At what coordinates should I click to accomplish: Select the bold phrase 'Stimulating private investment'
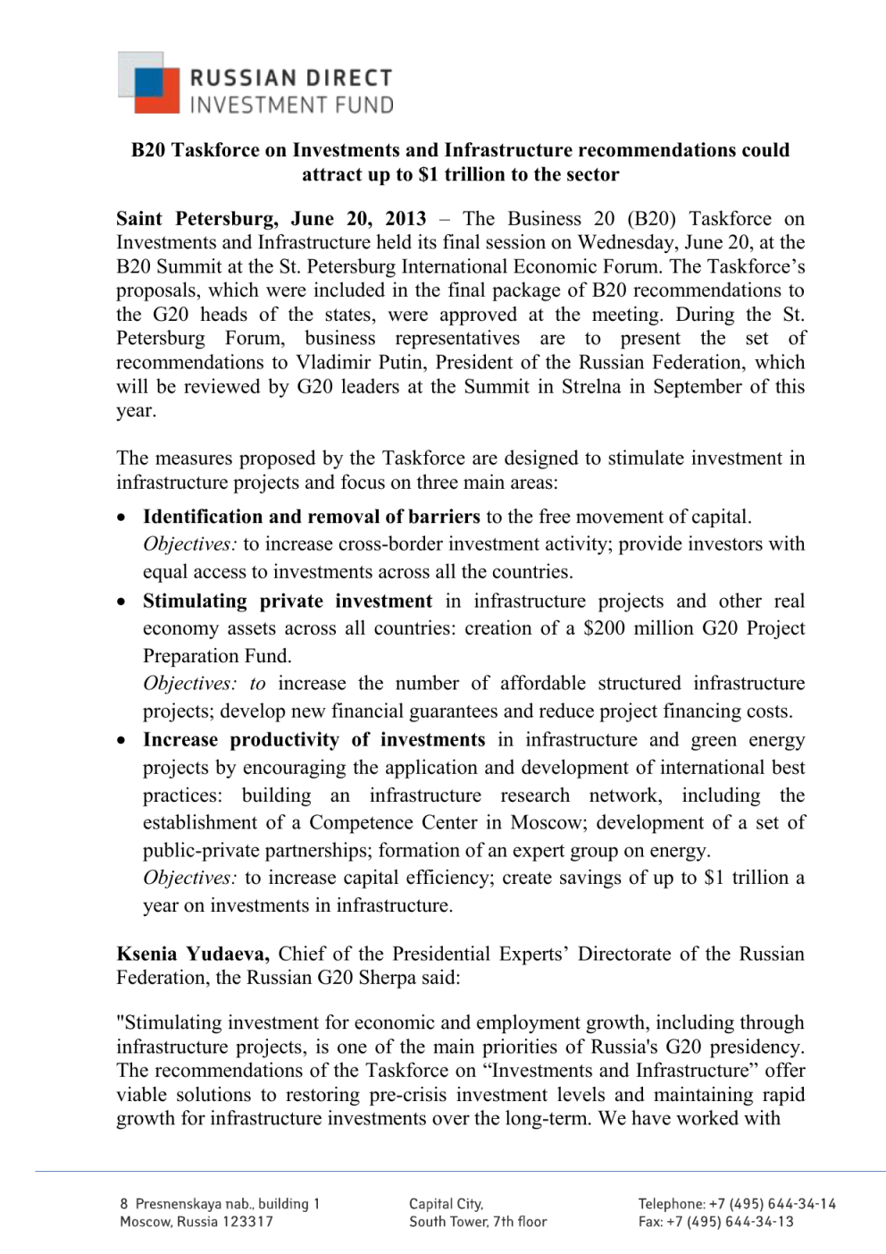288,602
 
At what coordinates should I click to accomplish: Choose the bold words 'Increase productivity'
241,740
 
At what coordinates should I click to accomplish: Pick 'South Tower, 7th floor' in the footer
478,1222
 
